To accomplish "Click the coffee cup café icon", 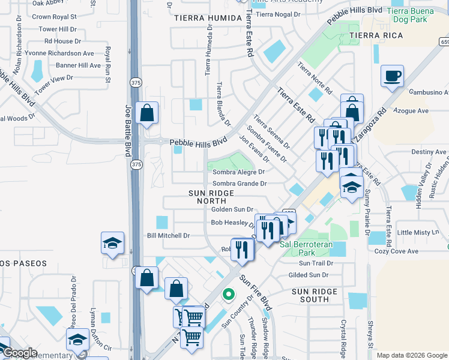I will [x=392, y=76].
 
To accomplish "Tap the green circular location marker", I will [x=228, y=294].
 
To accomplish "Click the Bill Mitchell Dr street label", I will [x=168, y=236].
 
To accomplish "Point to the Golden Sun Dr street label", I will [x=232, y=209].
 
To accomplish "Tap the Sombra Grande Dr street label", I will [x=239, y=184].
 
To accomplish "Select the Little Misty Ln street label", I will [x=418, y=232].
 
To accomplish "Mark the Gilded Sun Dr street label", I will [x=309, y=275].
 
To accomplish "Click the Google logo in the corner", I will [x=19, y=353].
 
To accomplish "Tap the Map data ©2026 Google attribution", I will [x=412, y=355].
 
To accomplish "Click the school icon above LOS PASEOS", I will [x=112, y=243].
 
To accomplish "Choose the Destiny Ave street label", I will [x=429, y=152].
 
